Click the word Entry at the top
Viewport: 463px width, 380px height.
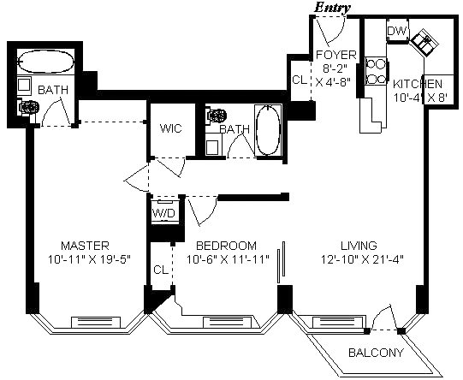click(332, 8)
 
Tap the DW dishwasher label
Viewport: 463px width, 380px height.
click(396, 31)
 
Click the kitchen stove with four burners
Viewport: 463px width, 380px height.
click(376, 71)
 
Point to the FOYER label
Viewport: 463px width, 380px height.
click(336, 55)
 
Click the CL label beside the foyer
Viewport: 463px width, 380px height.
click(300, 80)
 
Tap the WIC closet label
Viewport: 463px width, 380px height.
click(170, 128)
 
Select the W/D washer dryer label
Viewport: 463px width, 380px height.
click(163, 212)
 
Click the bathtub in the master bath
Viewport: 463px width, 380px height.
click(45, 62)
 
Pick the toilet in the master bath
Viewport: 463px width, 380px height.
click(27, 108)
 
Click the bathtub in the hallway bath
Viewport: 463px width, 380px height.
click(268, 130)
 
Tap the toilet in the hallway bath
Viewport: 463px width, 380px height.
click(217, 116)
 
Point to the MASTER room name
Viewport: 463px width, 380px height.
click(85, 246)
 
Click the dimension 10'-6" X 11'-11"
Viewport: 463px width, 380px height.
click(228, 259)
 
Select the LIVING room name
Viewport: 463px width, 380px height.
click(359, 246)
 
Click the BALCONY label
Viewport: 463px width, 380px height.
click(376, 353)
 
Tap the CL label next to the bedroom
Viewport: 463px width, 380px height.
click(161, 270)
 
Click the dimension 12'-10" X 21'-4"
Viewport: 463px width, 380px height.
click(362, 259)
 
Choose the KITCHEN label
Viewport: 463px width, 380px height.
click(418, 84)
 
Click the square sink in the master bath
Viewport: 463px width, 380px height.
click(24, 85)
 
